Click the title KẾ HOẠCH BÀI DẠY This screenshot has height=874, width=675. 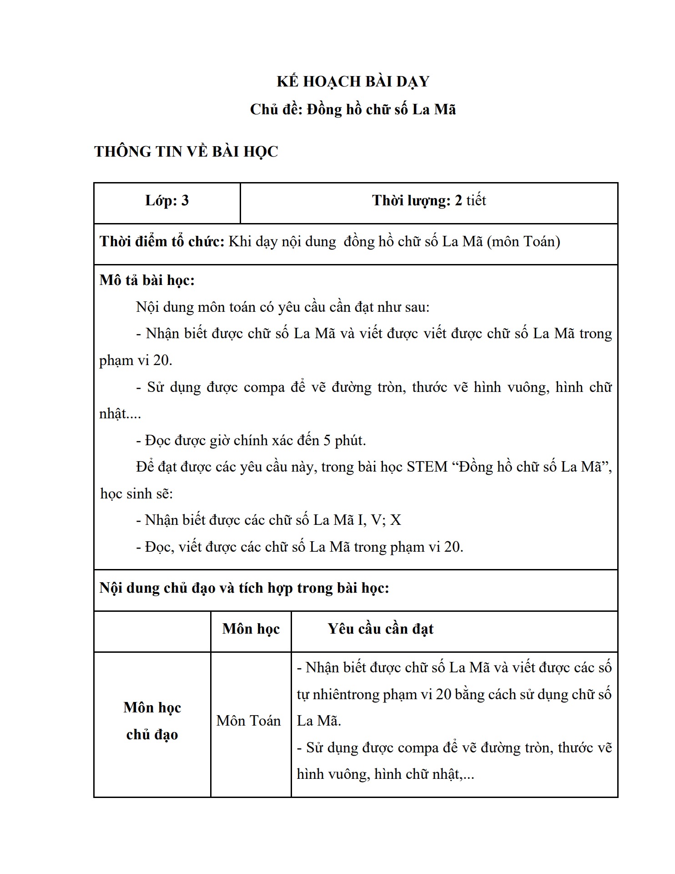pyautogui.click(x=353, y=81)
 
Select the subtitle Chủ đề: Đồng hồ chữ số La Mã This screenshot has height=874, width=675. pyautogui.click(x=353, y=110)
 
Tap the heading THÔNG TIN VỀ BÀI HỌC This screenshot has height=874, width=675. pyautogui.click(x=186, y=152)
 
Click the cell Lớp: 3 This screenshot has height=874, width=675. pyautogui.click(x=167, y=201)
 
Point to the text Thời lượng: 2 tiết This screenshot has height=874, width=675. pyautogui.click(x=429, y=201)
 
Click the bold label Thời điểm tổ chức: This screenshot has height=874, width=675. pyautogui.click(x=162, y=241)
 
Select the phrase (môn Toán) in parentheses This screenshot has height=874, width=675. pyautogui.click(x=523, y=241)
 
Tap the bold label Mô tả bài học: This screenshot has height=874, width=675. pyautogui.click(x=147, y=280)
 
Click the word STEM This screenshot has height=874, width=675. pyautogui.click(x=427, y=467)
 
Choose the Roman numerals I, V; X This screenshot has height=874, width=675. pyautogui.click(x=374, y=520)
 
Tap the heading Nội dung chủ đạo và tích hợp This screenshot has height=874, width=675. pyautogui.click(x=244, y=588)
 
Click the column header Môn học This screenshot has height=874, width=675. pyautogui.click(x=251, y=629)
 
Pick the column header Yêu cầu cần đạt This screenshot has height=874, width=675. pyautogui.click(x=380, y=629)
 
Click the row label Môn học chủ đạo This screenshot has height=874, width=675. pyautogui.click(x=152, y=721)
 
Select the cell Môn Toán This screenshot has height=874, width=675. pyautogui.click(x=249, y=721)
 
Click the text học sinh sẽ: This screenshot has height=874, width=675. pyautogui.click(x=136, y=494)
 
